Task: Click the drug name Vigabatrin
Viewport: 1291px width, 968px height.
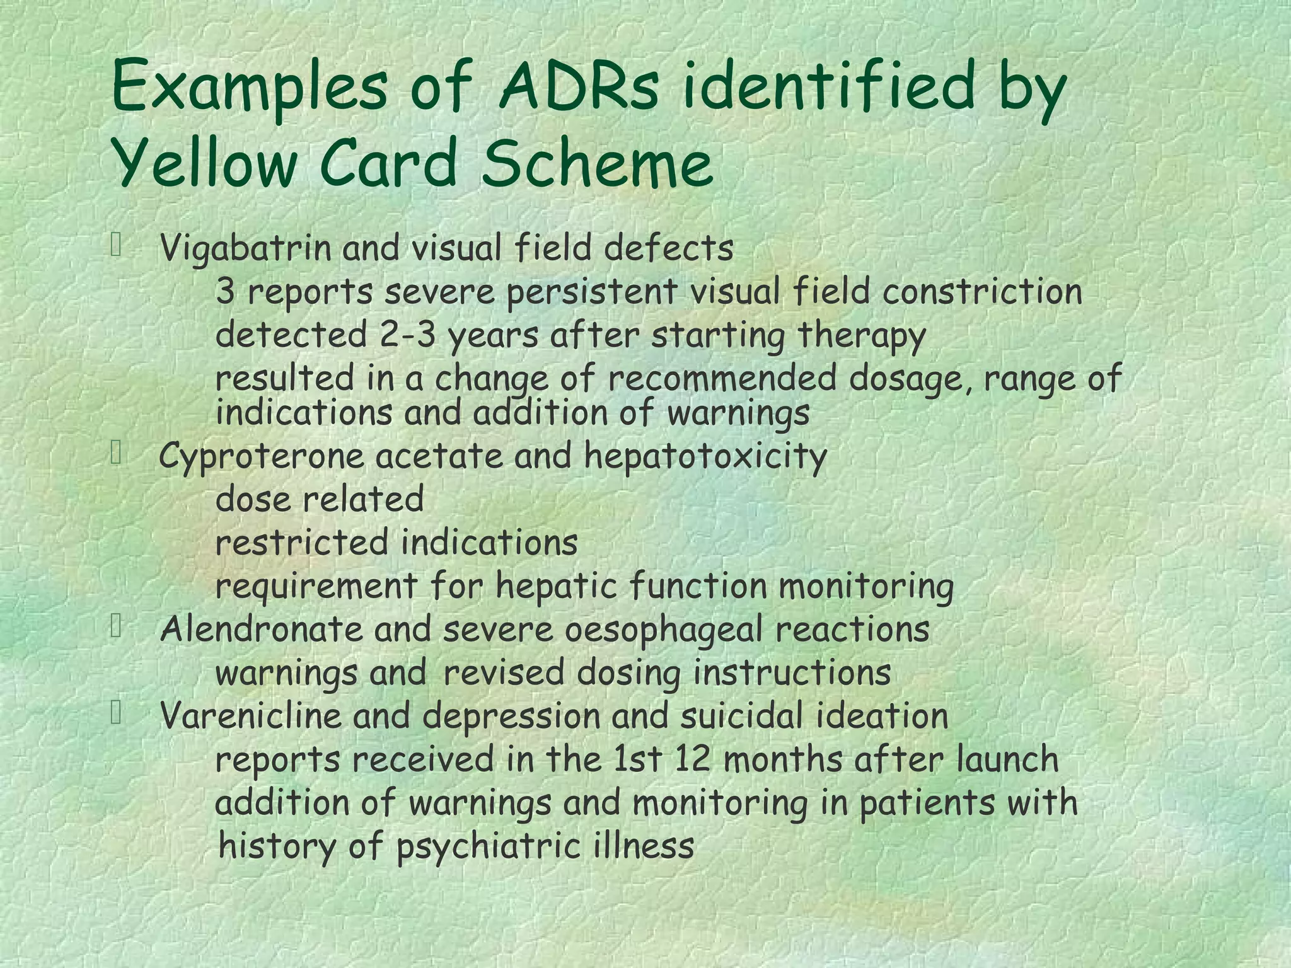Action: tap(246, 248)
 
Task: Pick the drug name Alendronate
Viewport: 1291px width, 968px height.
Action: tap(262, 629)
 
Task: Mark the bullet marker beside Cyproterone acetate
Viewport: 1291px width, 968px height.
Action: tap(116, 453)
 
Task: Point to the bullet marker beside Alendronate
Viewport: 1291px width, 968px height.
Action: tap(116, 626)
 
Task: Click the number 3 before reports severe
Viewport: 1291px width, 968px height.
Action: tap(225, 292)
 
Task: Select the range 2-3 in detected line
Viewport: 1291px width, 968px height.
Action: tap(408, 335)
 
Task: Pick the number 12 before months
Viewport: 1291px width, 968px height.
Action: tap(693, 759)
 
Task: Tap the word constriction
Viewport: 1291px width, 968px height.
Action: tap(982, 292)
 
